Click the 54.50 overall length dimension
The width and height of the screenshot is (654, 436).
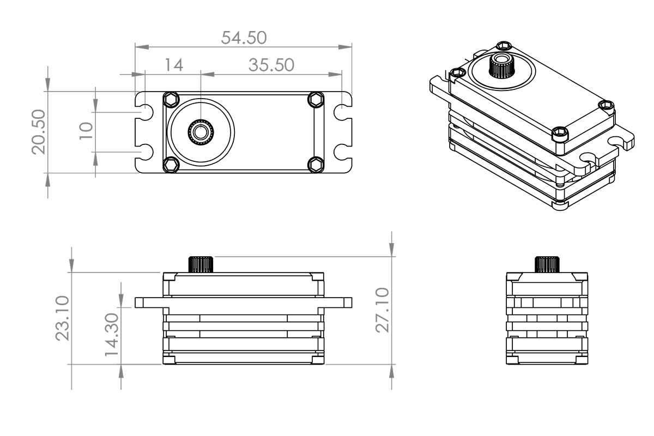point(244,38)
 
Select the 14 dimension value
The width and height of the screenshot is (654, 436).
point(173,65)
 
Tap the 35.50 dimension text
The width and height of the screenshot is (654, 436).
point(271,65)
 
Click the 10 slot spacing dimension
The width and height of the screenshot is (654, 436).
point(85,131)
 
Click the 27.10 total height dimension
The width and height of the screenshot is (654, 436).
point(383,310)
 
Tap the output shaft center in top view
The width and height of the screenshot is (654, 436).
point(201,131)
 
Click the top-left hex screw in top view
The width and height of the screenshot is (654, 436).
point(171,99)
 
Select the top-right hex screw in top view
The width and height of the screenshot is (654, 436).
point(315,99)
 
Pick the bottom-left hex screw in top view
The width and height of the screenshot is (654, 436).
point(171,164)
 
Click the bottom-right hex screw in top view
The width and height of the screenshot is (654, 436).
point(315,164)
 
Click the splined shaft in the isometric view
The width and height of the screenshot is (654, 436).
point(501,66)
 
